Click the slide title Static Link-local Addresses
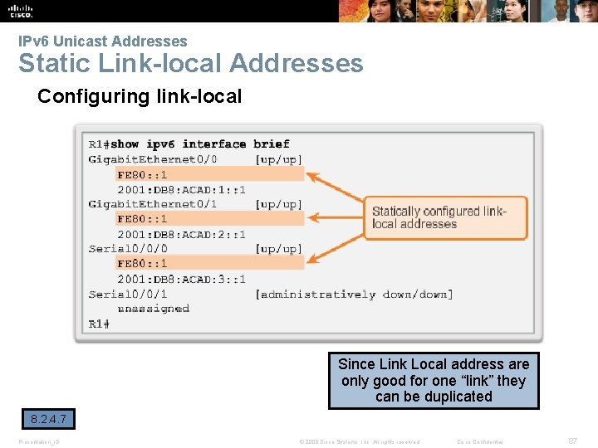click(191, 63)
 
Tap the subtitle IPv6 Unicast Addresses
click(103, 41)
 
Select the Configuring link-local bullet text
click(140, 96)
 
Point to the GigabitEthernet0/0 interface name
click(153, 159)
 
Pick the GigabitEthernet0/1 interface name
click(153, 204)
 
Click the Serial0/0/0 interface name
click(128, 249)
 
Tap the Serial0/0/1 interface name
click(128, 294)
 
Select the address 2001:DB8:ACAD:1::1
click(181, 189)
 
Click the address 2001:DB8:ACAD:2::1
click(181, 234)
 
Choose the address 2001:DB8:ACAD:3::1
click(181, 279)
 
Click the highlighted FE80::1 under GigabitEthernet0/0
click(142, 174)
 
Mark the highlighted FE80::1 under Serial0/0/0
click(142, 264)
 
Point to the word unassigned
click(153, 309)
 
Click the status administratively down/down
click(355, 294)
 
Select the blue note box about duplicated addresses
click(434, 380)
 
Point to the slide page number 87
click(572, 441)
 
